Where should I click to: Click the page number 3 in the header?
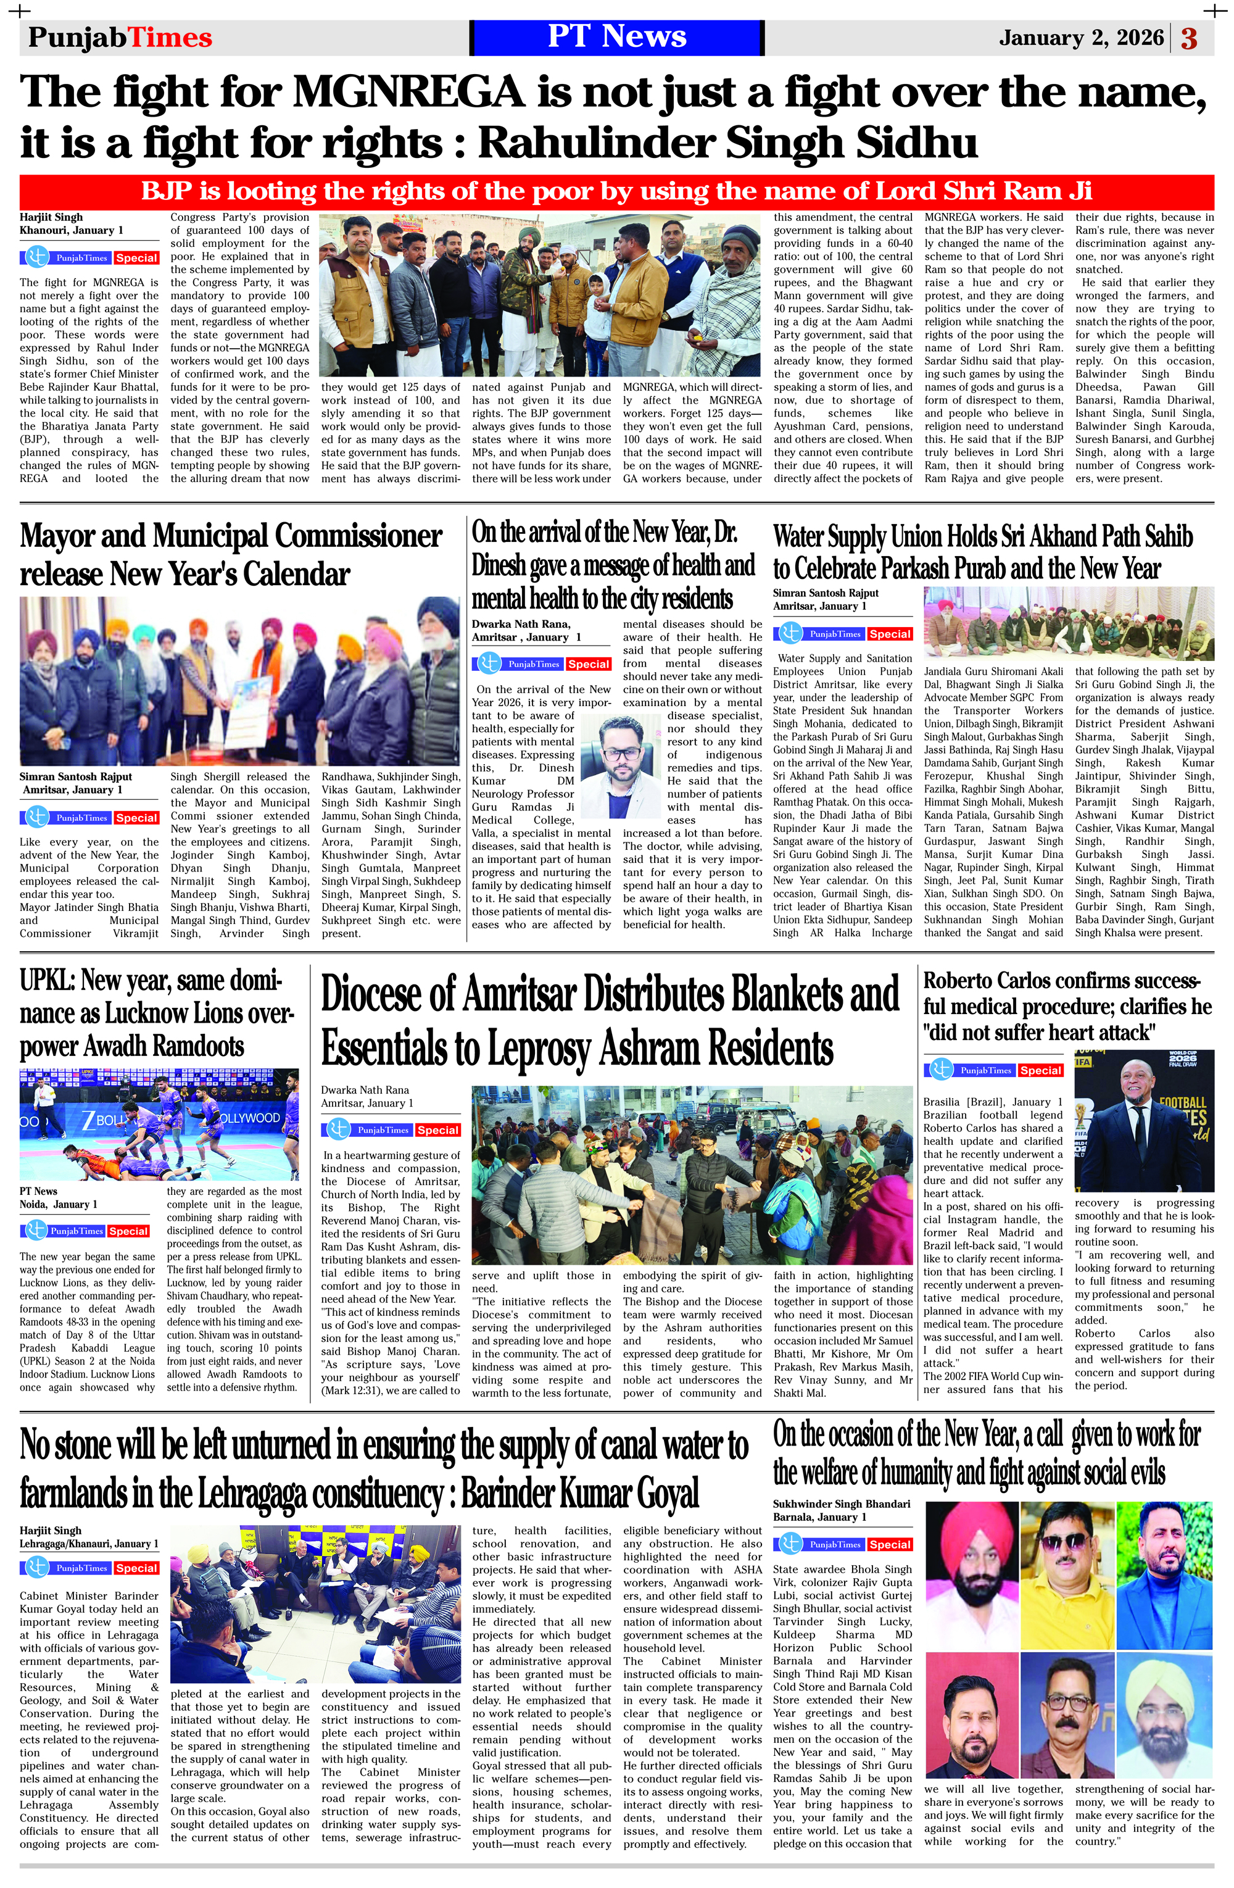[x=1189, y=38]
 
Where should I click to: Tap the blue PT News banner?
[x=616, y=37]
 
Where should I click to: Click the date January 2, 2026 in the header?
[x=1081, y=38]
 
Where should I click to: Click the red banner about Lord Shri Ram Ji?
[x=616, y=191]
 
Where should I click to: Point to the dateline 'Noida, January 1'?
[x=59, y=1204]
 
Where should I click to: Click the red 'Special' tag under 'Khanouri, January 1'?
[x=136, y=258]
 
